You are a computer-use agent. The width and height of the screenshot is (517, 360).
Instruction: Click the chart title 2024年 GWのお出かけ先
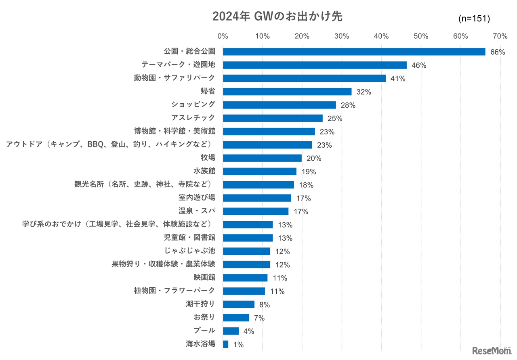[x=277, y=17]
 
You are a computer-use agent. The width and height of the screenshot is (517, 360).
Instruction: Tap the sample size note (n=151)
[x=474, y=18]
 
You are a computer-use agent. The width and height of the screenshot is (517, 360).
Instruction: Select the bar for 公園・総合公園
[x=354, y=52]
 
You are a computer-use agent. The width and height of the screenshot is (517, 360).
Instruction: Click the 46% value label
[x=418, y=65]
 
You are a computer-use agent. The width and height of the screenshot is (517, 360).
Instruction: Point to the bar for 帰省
[x=287, y=92]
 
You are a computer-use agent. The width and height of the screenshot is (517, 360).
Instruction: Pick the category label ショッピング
[x=193, y=105]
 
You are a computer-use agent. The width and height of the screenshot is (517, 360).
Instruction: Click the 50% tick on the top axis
[x=421, y=36]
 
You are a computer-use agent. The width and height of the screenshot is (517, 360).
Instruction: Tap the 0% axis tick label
[x=223, y=36]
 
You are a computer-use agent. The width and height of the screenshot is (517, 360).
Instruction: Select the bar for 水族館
[x=259, y=172]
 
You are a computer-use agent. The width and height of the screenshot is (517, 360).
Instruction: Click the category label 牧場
[x=208, y=158]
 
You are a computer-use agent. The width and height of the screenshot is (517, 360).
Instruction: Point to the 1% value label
[x=238, y=345]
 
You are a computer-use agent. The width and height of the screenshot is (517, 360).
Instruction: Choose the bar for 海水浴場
[x=225, y=344]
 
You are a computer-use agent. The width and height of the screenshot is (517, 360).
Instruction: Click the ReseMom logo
[x=492, y=351]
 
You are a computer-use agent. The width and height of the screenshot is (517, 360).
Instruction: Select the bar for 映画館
[x=245, y=278]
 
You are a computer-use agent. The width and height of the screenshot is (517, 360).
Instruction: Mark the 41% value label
[x=398, y=79]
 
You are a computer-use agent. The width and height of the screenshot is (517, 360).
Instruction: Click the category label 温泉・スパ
[x=197, y=211]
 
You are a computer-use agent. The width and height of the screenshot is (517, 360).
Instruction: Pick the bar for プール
[x=231, y=331]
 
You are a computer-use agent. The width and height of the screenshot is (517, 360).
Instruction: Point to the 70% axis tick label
[x=500, y=36]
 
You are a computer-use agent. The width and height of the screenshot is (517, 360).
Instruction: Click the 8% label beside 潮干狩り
[x=264, y=305]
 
